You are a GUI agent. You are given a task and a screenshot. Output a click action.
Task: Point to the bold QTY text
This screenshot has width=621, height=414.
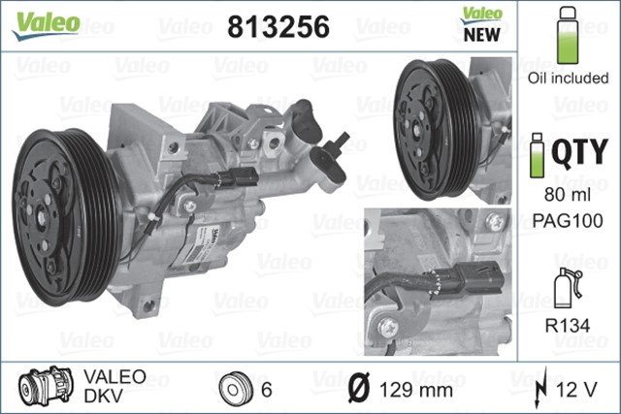click(x=580, y=152)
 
